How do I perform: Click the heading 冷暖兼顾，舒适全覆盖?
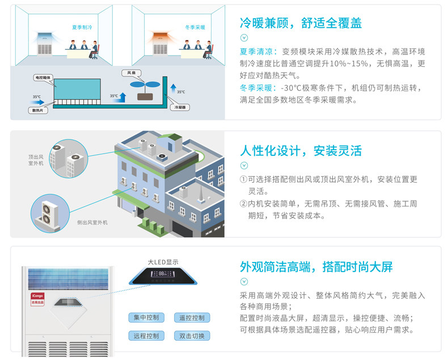pos(301,23)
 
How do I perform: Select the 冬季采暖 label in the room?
pos(195,27)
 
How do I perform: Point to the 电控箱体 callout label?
pos(44,77)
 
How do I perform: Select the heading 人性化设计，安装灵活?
pos(301,151)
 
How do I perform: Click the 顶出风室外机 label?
pos(36,160)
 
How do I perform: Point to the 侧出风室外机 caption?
pos(92,223)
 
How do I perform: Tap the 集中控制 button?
pos(146,317)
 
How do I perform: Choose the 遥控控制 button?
pos(192,317)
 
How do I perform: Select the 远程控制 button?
pos(146,336)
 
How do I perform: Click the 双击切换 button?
pos(192,336)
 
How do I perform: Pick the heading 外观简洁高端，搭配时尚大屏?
pos(316,267)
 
